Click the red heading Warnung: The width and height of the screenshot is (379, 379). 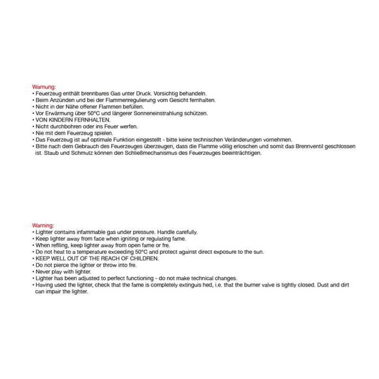click(x=44, y=87)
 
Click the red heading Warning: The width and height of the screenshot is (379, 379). click(x=43, y=226)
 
